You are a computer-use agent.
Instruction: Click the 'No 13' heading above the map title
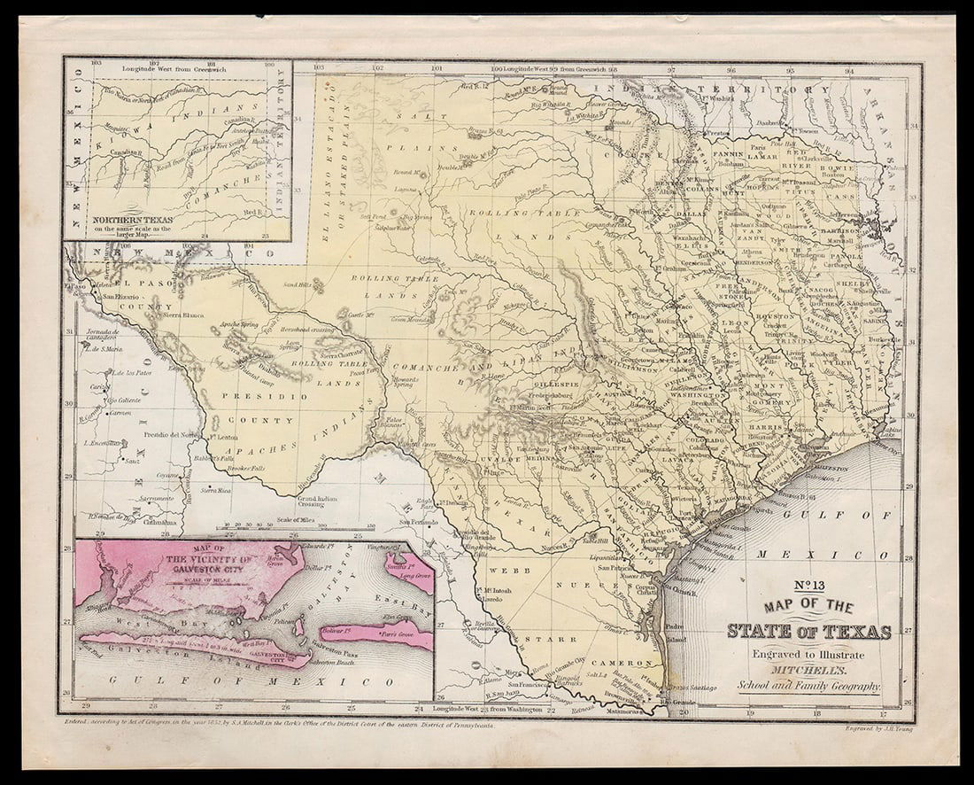(x=808, y=586)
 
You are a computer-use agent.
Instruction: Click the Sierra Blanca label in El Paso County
(x=183, y=315)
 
